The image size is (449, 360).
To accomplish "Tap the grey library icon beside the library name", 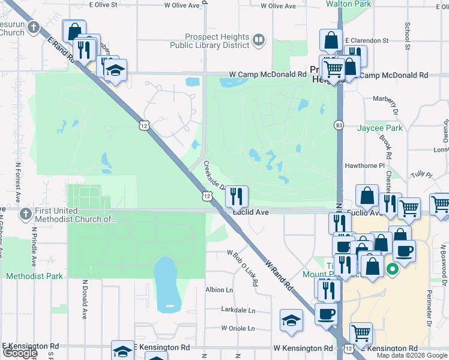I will click(259, 40).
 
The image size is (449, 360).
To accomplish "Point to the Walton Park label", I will click(348, 4).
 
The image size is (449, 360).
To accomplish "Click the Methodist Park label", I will click(34, 276).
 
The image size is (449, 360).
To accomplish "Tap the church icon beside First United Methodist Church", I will click(25, 214).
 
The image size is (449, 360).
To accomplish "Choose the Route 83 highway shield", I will click(339, 125).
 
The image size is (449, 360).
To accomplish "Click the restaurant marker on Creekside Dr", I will click(237, 196).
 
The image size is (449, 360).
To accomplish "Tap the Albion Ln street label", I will click(219, 289).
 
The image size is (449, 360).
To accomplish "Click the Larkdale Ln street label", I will click(238, 311).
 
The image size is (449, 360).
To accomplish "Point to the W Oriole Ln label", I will click(238, 329).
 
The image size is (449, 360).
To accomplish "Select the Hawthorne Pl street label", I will click(364, 166).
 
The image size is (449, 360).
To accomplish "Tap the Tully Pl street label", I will click(421, 175).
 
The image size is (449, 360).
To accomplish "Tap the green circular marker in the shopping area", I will click(393, 269).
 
